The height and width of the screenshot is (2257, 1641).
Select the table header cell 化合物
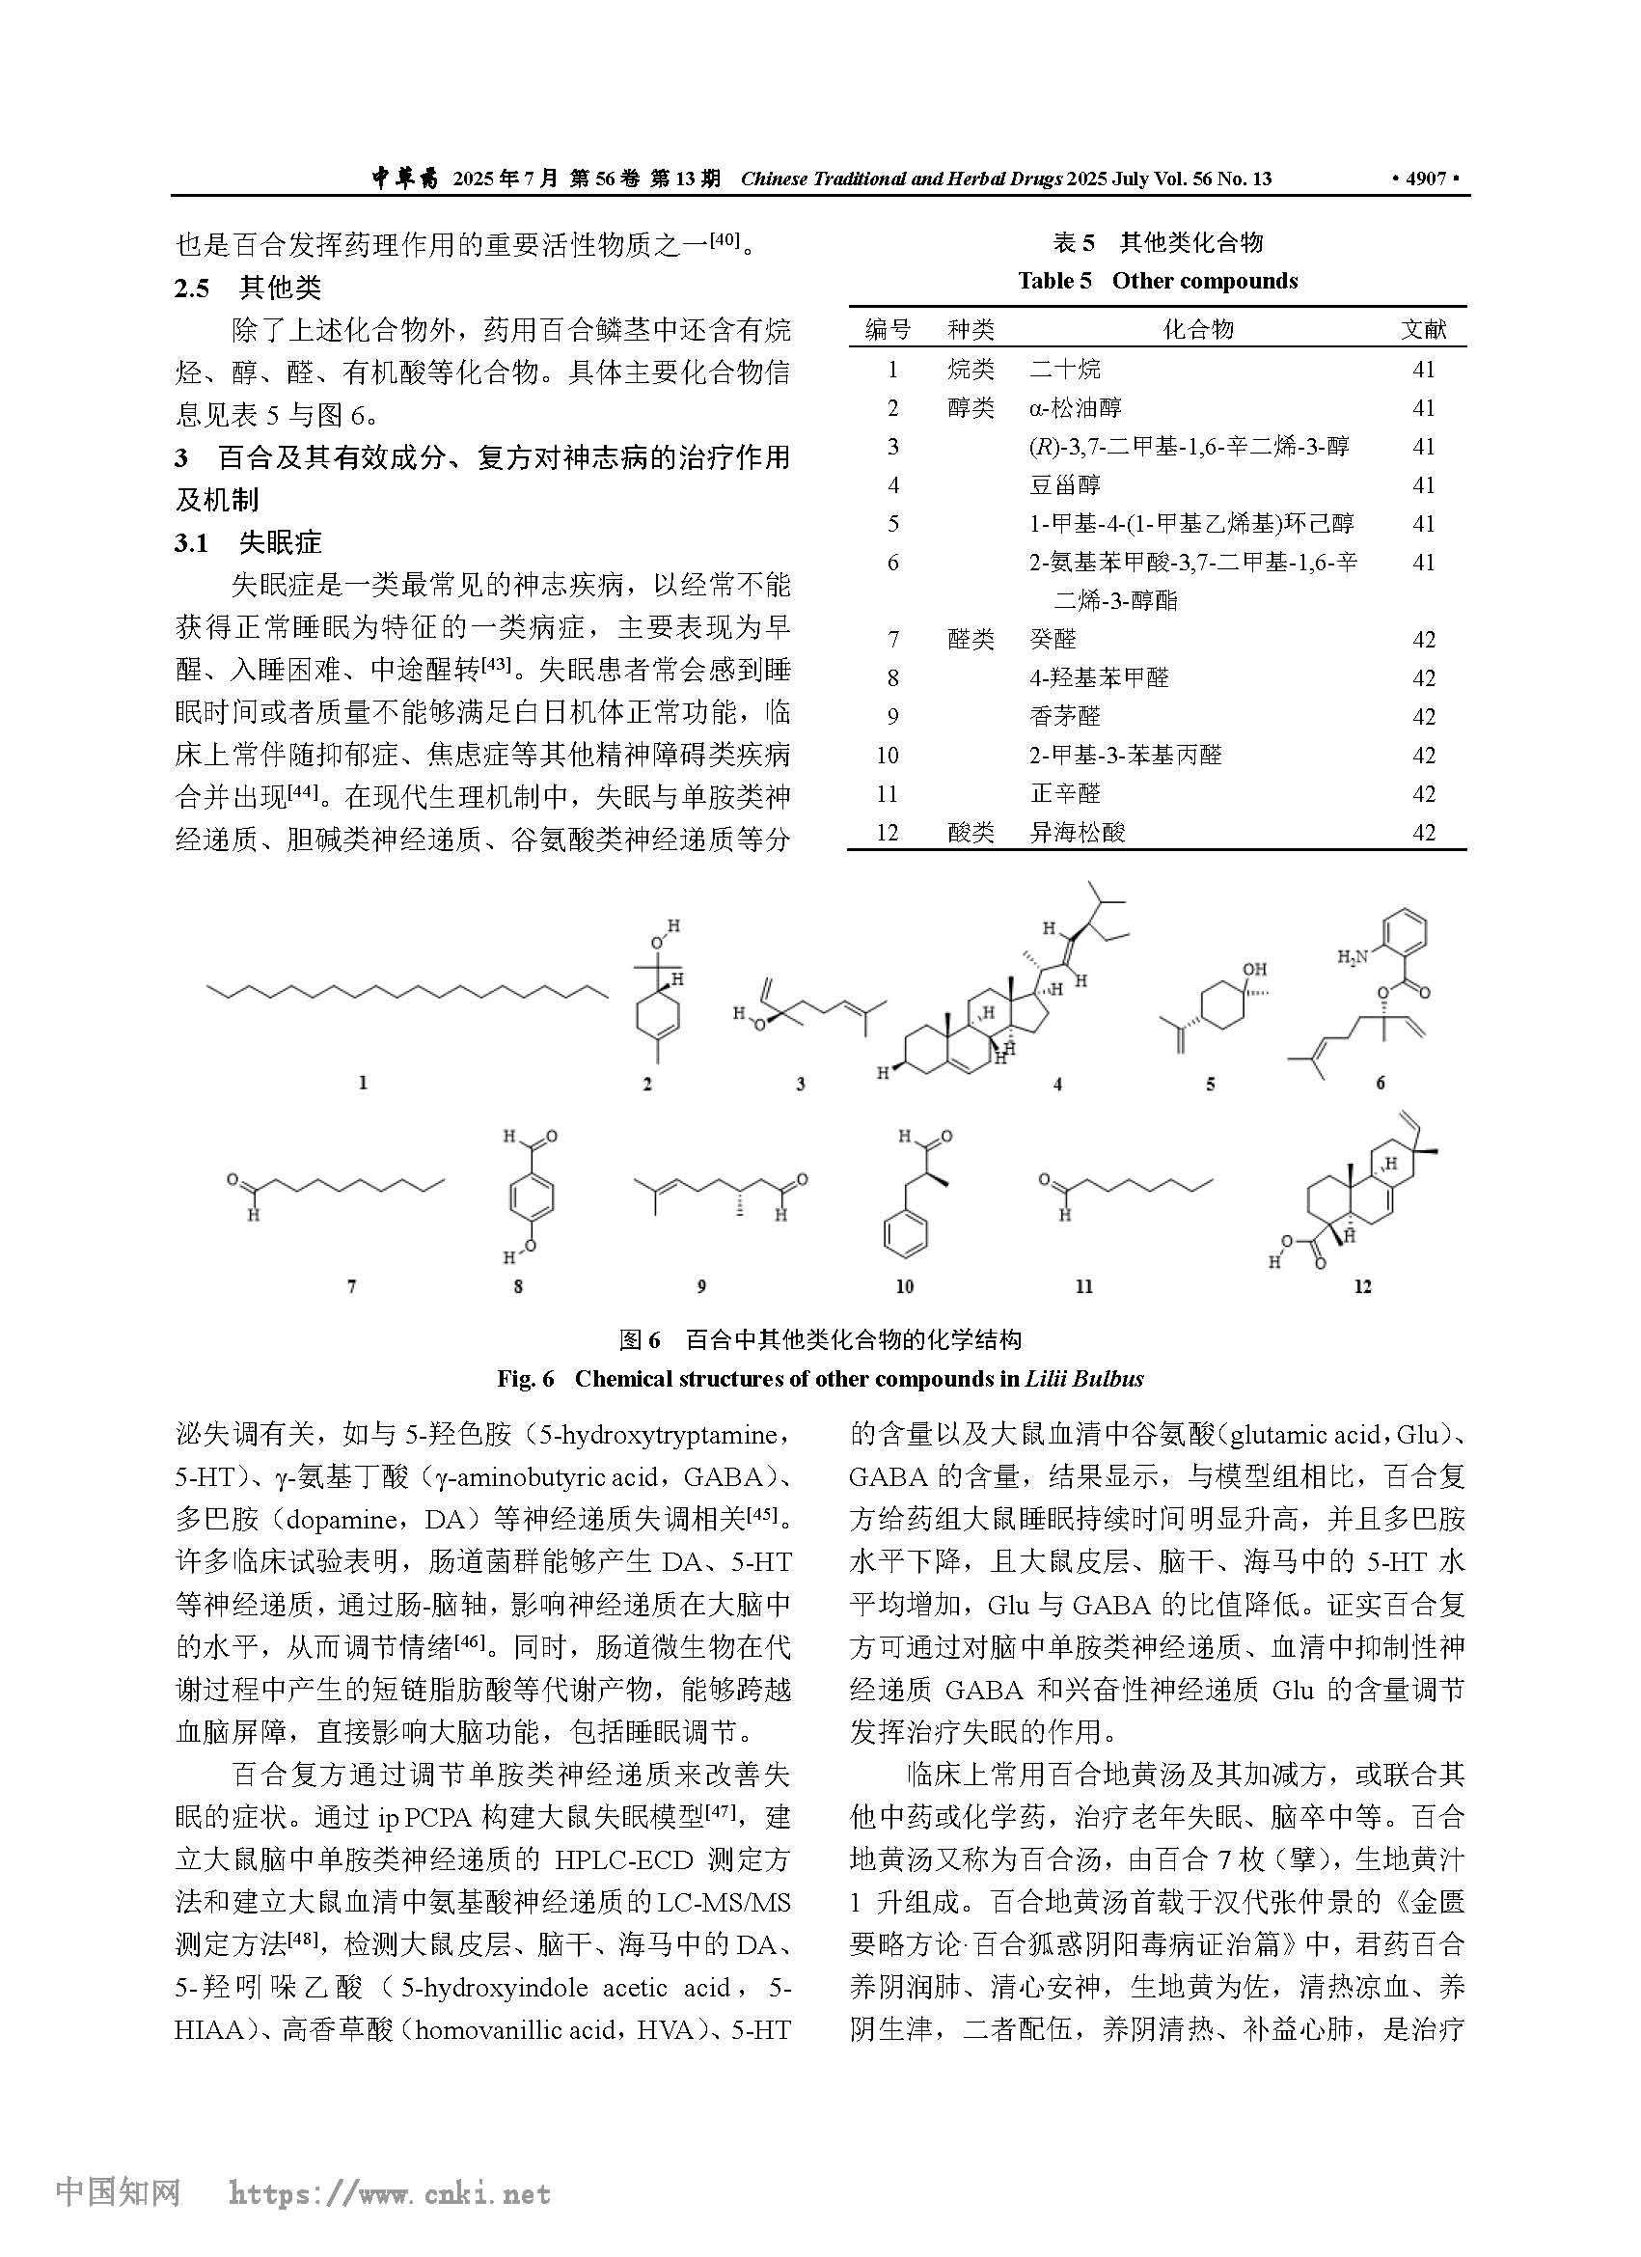coord(1198,329)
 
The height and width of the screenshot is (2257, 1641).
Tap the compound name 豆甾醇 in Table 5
coord(1064,484)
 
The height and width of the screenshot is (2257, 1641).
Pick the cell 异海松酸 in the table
coord(1077,832)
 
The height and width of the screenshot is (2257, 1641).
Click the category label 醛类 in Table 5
coord(971,639)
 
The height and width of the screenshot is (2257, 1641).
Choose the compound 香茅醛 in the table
coord(1064,717)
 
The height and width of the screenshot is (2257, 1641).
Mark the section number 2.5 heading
coord(192,289)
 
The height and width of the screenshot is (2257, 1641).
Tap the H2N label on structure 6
coord(1354,957)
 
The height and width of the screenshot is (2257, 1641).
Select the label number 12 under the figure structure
coord(1361,1286)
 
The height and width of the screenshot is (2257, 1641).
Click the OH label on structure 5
coord(1254,968)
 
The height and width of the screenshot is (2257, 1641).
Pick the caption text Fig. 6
coord(525,1378)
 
